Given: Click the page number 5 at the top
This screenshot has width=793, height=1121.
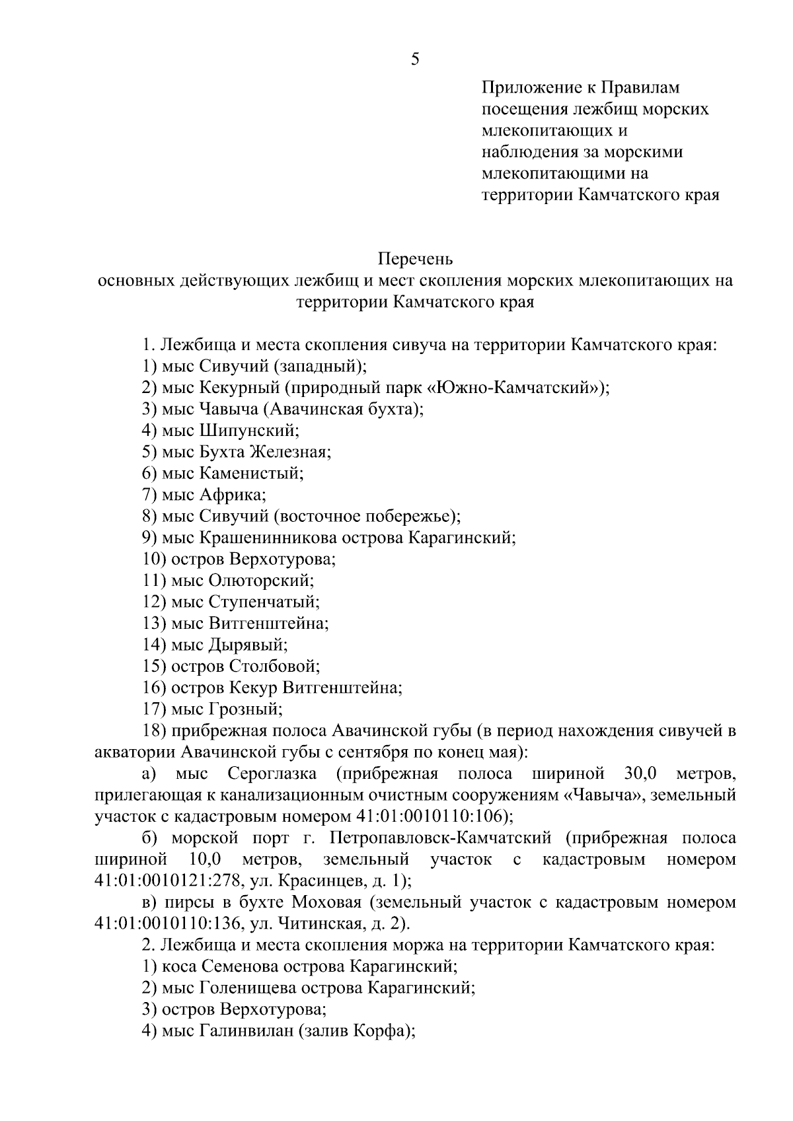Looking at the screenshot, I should pyautogui.click(x=415, y=60).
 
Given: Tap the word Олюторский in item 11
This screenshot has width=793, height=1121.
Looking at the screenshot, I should pyautogui.click(x=260, y=581).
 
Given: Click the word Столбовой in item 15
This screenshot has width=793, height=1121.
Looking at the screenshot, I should pyautogui.click(x=274, y=666).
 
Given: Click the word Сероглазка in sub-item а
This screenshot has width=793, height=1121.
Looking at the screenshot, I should pyautogui.click(x=272, y=774).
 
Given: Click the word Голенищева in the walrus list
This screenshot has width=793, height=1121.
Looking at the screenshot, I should pyautogui.click(x=248, y=988).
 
